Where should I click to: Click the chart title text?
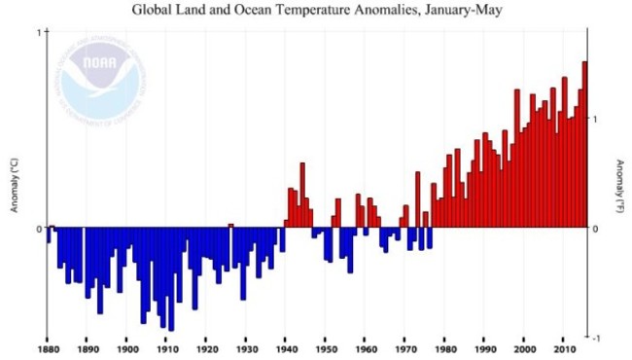pos(315,10)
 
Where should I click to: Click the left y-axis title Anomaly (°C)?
pos(14,186)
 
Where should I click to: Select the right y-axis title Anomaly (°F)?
pos(619,186)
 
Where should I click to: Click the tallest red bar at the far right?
pos(584,146)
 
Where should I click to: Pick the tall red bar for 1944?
pos(302,195)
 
